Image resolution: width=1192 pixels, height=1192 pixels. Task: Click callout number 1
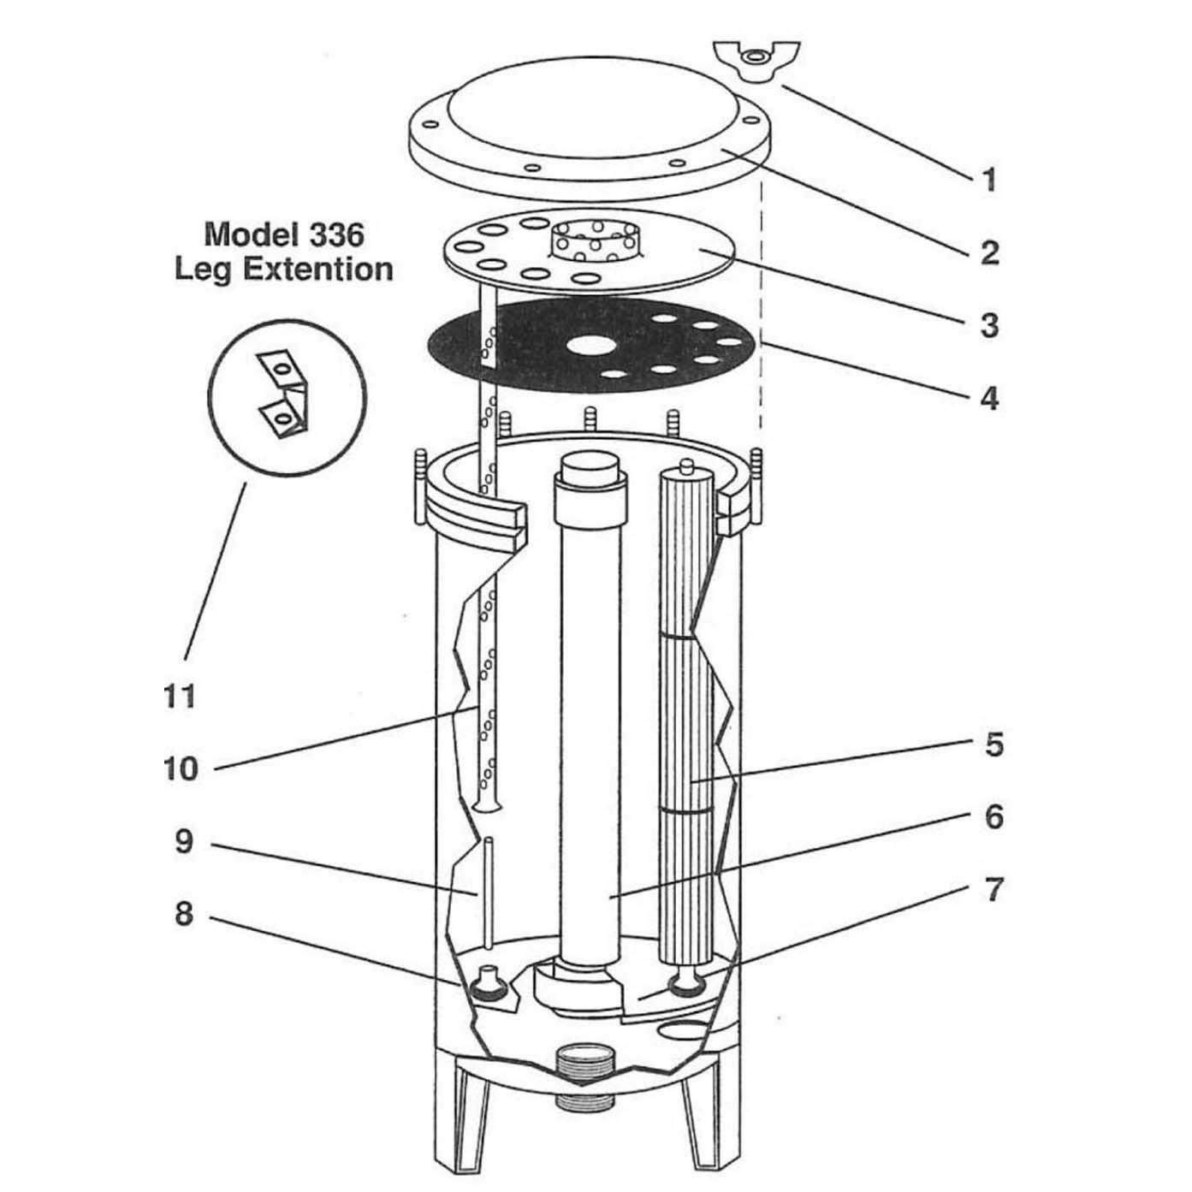(x=989, y=181)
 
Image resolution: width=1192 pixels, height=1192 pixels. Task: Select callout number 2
(x=989, y=252)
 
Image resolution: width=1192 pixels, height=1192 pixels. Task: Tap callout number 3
(x=989, y=325)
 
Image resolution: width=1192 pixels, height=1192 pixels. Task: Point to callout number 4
(x=989, y=398)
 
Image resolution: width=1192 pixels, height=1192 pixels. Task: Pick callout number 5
(x=993, y=744)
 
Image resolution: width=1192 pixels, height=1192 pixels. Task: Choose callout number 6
(x=993, y=817)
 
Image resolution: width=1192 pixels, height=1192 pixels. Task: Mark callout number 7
(x=993, y=890)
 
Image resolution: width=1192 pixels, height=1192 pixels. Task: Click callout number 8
(x=184, y=915)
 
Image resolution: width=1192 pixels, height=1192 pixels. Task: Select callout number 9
(x=184, y=842)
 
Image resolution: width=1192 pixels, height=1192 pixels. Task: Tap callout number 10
(x=181, y=768)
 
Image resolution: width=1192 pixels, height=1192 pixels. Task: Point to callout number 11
(x=180, y=697)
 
